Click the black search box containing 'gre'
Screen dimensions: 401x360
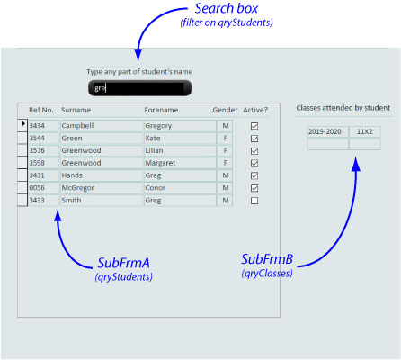pyautogui.click(x=139, y=88)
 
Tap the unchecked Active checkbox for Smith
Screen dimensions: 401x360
pyautogui.click(x=254, y=201)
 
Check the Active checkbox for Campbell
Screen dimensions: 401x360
pyautogui.click(x=254, y=126)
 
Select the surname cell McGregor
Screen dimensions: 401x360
pyautogui.click(x=101, y=188)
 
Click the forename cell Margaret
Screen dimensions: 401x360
pyautogui.click(x=180, y=163)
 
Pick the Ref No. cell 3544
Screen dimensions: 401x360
pyautogui.click(x=43, y=139)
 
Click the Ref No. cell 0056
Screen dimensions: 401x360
pyautogui.click(x=43, y=188)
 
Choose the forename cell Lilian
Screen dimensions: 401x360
pyautogui.click(x=180, y=150)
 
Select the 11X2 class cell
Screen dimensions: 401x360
pyautogui.click(x=365, y=131)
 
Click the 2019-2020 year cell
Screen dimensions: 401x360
pyautogui.click(x=328, y=131)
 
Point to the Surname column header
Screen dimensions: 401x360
pyautogui.click(x=76, y=110)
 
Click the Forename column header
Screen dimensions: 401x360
pyautogui.click(x=161, y=110)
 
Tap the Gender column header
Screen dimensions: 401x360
pyautogui.click(x=225, y=110)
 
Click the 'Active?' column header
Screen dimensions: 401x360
pyautogui.click(x=255, y=110)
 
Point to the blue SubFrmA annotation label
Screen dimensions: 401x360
pyautogui.click(x=123, y=263)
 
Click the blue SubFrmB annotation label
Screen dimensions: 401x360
pyautogui.click(x=267, y=259)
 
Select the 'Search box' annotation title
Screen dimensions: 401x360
pyautogui.click(x=227, y=8)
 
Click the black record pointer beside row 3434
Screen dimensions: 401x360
pyautogui.click(x=23, y=123)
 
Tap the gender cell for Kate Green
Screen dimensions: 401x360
pyautogui.click(x=225, y=139)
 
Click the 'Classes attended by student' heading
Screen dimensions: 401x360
pyautogui.click(x=343, y=108)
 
